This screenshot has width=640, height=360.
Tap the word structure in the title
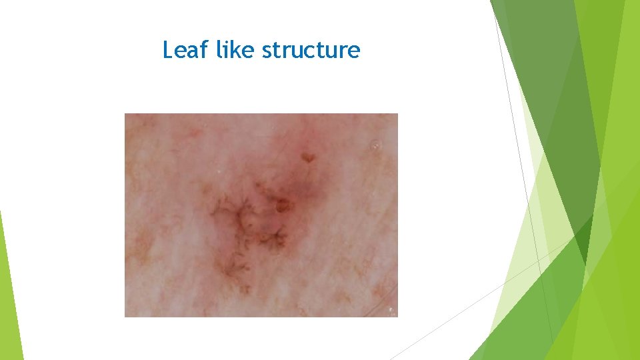click(x=311, y=51)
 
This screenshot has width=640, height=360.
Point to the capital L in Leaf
click(x=168, y=50)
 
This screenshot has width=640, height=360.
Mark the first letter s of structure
click(x=266, y=51)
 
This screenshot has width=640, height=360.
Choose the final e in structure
click(x=354, y=51)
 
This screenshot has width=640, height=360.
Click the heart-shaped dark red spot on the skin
click(x=307, y=157)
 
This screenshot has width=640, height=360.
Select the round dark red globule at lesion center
click(x=283, y=205)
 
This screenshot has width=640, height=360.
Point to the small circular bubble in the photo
click(x=376, y=144)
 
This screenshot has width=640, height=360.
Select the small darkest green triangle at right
click(x=584, y=243)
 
